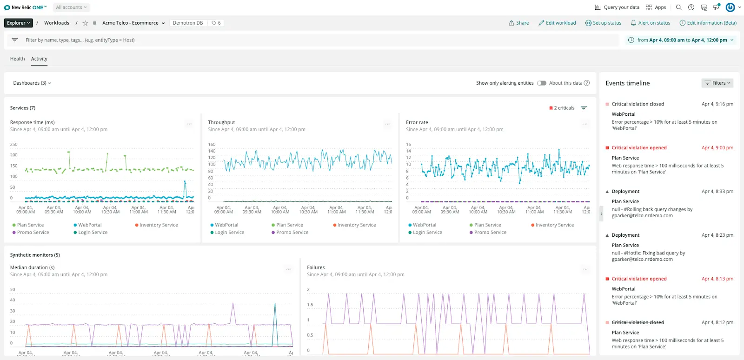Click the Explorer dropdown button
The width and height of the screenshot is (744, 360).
click(19, 23)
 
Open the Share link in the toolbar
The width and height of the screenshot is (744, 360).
click(519, 23)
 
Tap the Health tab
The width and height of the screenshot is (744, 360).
click(17, 59)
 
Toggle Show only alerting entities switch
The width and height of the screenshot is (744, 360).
click(541, 83)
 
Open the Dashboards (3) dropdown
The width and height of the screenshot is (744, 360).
click(32, 83)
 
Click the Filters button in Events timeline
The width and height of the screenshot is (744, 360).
click(717, 83)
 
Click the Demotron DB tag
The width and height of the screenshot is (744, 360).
click(188, 23)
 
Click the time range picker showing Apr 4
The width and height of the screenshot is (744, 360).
click(681, 40)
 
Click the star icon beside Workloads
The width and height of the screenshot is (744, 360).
click(85, 23)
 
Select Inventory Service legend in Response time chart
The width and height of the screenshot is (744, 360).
click(158, 225)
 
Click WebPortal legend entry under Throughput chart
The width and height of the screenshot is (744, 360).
click(226, 225)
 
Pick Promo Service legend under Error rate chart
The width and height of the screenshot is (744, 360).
click(490, 233)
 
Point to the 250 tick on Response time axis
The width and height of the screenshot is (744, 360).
click(14, 145)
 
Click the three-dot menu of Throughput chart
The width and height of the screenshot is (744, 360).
click(387, 124)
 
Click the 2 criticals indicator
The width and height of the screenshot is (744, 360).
click(562, 108)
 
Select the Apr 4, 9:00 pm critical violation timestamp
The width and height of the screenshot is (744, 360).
click(717, 148)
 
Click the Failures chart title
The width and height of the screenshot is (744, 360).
click(316, 267)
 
